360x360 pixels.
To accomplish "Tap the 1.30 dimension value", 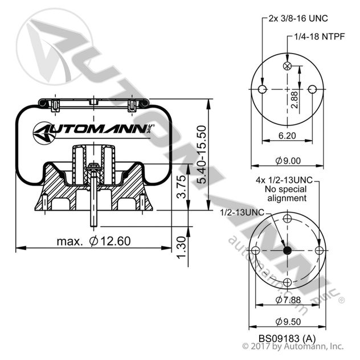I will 181,246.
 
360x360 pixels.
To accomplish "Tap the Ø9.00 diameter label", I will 287,161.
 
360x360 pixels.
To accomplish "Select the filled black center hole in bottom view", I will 287,251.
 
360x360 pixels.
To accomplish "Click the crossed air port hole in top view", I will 287,67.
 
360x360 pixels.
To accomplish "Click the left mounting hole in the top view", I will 262,90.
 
